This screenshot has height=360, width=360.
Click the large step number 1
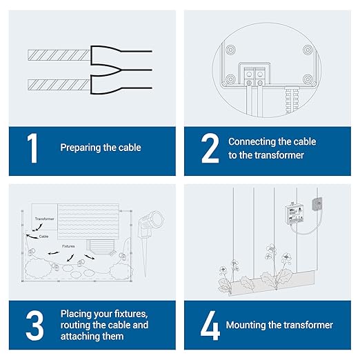[33, 148]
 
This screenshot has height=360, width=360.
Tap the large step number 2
[210, 148]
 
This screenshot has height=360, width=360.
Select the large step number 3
[34, 326]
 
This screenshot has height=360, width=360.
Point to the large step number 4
[210, 326]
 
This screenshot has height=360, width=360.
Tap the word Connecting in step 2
[252, 142]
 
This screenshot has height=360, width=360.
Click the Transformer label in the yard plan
[45, 219]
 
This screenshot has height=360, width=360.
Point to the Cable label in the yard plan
[43, 237]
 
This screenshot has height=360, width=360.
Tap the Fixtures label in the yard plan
[68, 246]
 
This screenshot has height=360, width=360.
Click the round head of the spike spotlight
[156, 219]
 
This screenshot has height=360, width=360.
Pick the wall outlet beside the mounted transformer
[317, 203]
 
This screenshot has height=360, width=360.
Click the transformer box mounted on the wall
[294, 214]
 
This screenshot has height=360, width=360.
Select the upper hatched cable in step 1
[59, 55]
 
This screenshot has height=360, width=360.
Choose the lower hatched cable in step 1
[59, 85]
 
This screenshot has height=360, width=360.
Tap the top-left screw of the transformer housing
[230, 50]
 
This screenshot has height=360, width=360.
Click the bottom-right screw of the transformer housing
[308, 79]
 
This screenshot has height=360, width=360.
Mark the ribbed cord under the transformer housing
[292, 100]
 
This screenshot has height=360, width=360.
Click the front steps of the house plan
[101, 247]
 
